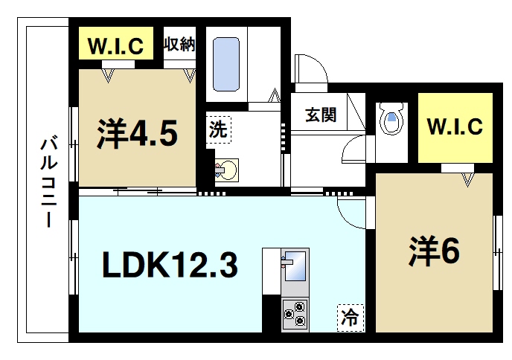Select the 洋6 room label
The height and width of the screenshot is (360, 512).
tap(433, 251)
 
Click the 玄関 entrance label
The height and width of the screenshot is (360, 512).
tap(321, 115)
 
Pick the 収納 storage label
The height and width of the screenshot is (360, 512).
tap(179, 44)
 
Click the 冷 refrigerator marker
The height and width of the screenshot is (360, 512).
tap(349, 318)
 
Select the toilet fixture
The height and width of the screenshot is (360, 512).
tap(391, 119)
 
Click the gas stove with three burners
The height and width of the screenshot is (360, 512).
tap(294, 313)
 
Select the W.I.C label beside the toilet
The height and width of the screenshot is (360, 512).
tap(455, 126)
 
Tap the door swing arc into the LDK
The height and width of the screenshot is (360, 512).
tap(350, 210)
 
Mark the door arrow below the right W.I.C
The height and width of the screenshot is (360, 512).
tap(468, 179)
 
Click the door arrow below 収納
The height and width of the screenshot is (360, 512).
tap(190, 75)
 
